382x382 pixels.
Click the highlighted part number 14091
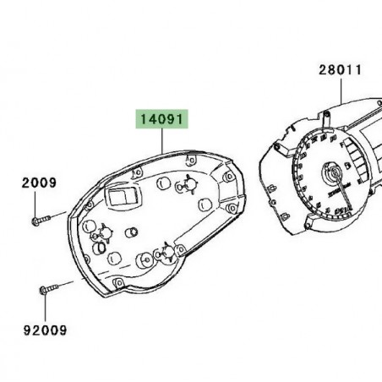click(158, 121)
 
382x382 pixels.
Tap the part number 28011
click(340, 73)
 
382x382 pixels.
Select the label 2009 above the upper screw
click(38, 183)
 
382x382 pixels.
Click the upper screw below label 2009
click(40, 221)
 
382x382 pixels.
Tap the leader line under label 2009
click(38, 203)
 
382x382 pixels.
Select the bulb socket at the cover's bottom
click(165, 251)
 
